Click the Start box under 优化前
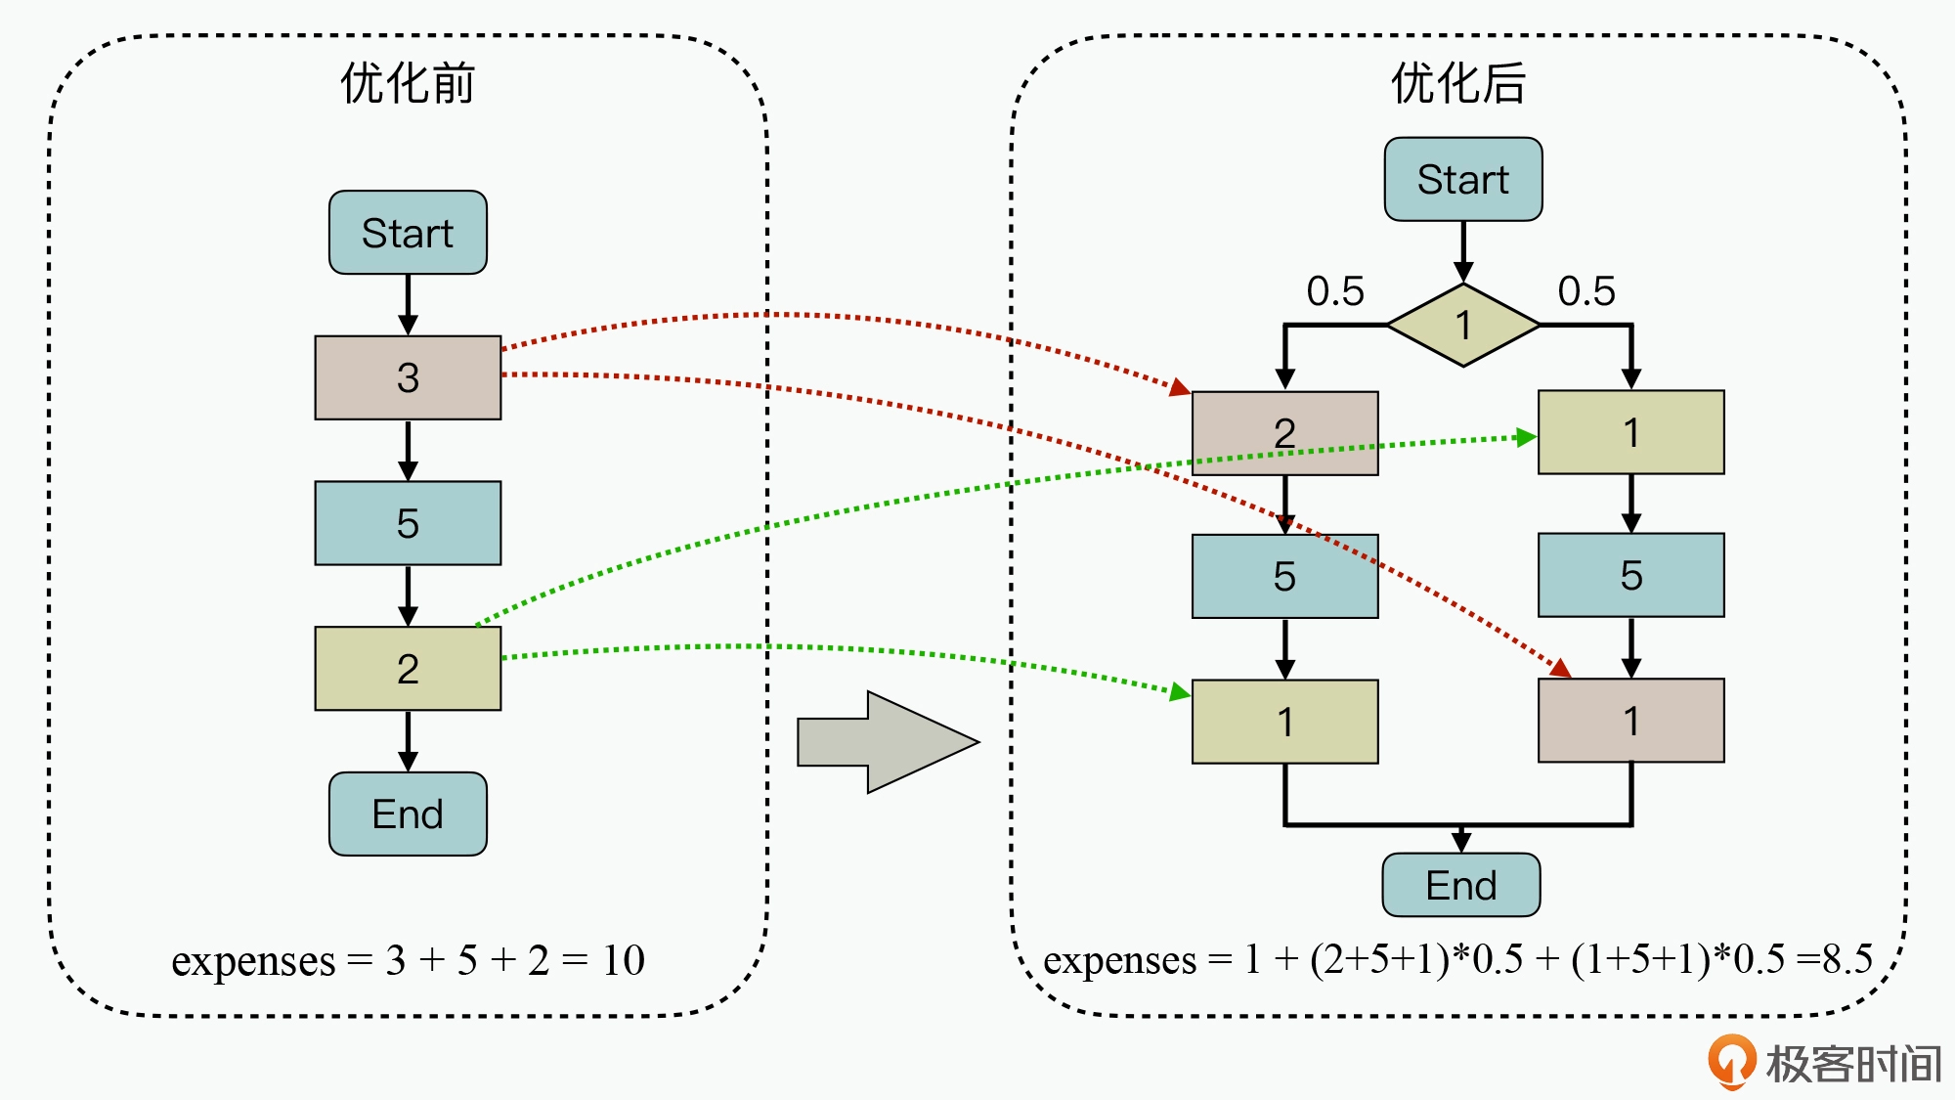[x=408, y=233]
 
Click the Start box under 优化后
[x=1462, y=180]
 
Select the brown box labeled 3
[x=408, y=377]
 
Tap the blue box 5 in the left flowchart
[x=408, y=523]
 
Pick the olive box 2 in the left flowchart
[x=408, y=669]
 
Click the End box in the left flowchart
[x=408, y=814]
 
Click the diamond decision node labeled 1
[x=1462, y=325]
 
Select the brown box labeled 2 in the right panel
[x=1284, y=433]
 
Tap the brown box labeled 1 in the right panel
[x=1630, y=721]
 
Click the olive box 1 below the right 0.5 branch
[x=1630, y=432]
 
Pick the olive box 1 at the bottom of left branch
[x=1284, y=722]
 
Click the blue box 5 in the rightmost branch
[x=1630, y=575]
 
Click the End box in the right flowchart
[x=1460, y=885]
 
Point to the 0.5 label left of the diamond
[x=1335, y=291]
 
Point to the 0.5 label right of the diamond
[x=1586, y=291]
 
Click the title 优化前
[x=408, y=83]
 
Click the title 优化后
[x=1458, y=83]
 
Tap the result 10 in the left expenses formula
[x=623, y=960]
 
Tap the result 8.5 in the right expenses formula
[x=1847, y=959]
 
